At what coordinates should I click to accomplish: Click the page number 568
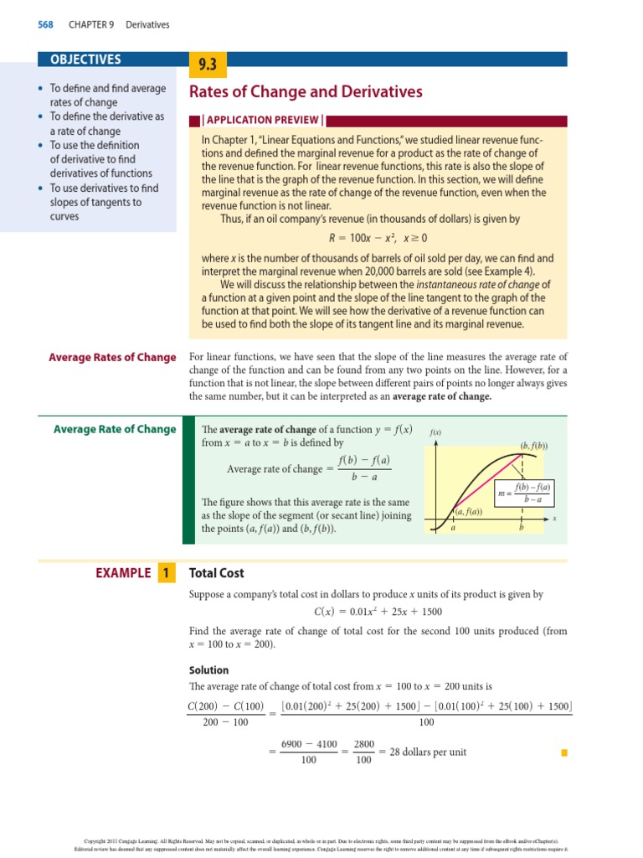tap(45, 25)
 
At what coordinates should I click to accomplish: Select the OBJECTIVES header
tap(86, 59)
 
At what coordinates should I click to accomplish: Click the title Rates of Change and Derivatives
tap(306, 92)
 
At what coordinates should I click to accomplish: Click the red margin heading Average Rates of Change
tap(112, 358)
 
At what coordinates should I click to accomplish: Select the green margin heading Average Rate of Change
tap(115, 430)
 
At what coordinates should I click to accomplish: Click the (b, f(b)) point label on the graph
tap(533, 446)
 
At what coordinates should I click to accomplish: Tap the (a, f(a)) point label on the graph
tap(468, 512)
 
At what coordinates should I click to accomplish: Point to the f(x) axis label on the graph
tap(435, 432)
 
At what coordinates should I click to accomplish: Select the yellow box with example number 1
tap(166, 573)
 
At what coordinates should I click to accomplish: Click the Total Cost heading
tap(217, 573)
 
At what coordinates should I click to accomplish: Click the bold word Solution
tap(209, 670)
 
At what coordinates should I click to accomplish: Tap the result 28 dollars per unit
tap(423, 752)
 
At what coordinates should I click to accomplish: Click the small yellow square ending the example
tap(564, 752)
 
